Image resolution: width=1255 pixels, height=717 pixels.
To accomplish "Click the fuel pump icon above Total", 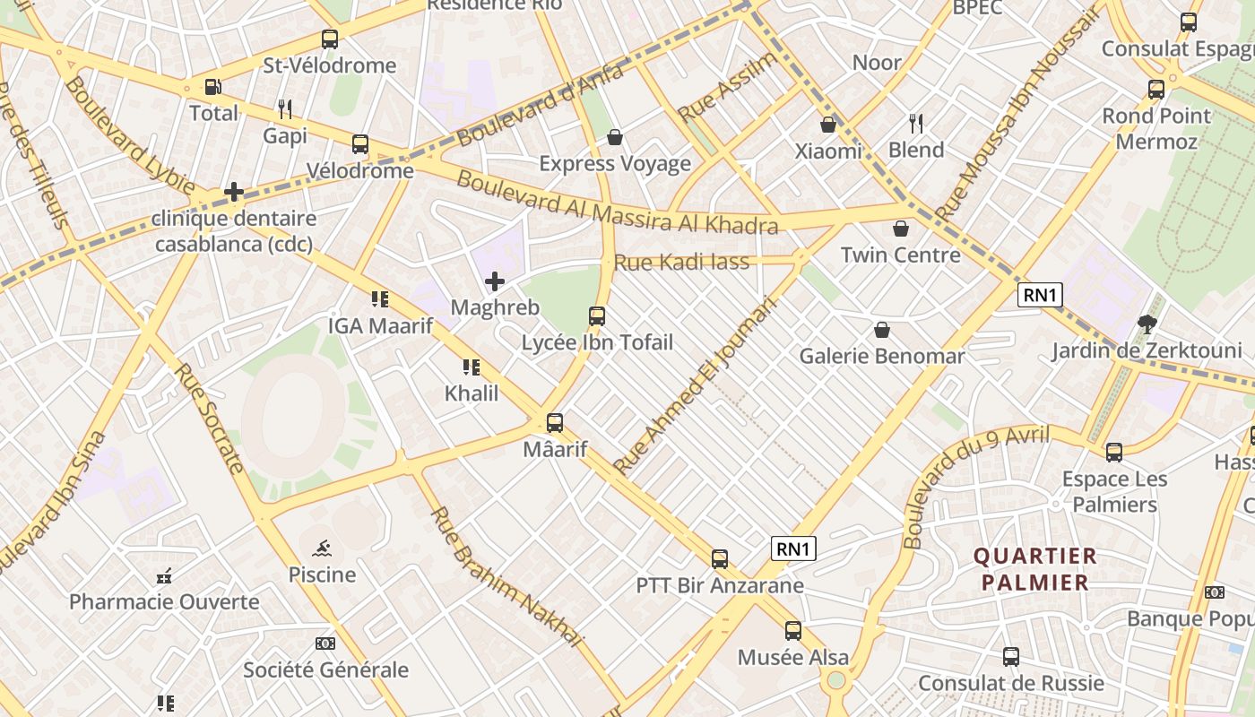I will click(x=213, y=87).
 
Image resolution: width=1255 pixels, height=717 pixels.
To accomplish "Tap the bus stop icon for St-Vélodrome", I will click(x=330, y=39).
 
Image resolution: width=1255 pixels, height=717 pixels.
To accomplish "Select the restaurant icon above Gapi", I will click(x=285, y=109).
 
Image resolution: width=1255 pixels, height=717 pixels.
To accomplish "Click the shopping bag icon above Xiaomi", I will click(x=828, y=125).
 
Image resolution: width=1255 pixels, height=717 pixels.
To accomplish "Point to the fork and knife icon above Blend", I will click(x=916, y=123).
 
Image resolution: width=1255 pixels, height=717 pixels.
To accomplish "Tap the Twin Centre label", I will click(x=900, y=255).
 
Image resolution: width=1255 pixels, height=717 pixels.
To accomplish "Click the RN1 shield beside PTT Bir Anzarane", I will click(x=793, y=549).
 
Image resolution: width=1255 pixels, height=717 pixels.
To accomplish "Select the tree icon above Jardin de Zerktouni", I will click(x=1147, y=324).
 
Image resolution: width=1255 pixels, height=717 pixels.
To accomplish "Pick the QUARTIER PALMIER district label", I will click(x=1035, y=569).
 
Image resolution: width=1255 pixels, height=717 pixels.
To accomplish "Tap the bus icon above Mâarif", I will click(x=555, y=423).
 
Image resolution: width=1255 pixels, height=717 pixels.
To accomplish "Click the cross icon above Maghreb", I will click(x=495, y=282).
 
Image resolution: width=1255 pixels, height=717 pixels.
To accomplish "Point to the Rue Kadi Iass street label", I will click(x=681, y=263).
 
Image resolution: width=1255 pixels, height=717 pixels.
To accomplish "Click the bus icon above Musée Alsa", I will click(x=793, y=631).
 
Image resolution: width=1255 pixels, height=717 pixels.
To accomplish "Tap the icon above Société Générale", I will click(x=325, y=644).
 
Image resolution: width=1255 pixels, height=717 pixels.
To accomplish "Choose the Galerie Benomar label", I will click(x=882, y=357).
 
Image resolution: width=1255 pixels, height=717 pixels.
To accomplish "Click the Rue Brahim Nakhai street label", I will click(x=506, y=578).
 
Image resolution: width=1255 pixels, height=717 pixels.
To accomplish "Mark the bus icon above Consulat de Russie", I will click(x=1011, y=657).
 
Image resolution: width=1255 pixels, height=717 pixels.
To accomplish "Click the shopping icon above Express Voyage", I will click(x=615, y=137).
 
